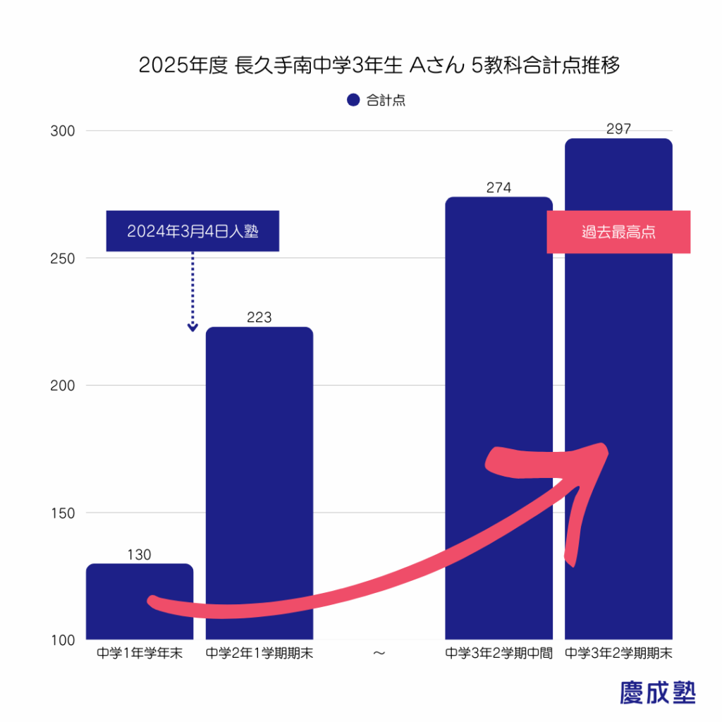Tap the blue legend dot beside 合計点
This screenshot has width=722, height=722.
click(353, 100)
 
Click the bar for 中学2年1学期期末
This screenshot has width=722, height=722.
click(259, 458)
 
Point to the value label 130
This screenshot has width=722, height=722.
click(140, 555)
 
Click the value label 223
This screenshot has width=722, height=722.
click(259, 318)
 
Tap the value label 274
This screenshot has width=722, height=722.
click(498, 188)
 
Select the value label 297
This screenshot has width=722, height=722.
click(618, 129)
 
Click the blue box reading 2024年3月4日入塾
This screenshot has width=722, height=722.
click(192, 231)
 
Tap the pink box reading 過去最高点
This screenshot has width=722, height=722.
click(618, 232)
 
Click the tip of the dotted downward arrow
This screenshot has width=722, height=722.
click(192, 329)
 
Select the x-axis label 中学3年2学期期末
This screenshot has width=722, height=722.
click(618, 654)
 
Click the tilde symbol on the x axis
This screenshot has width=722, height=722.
click(379, 654)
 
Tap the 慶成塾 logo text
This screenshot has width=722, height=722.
click(657, 692)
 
